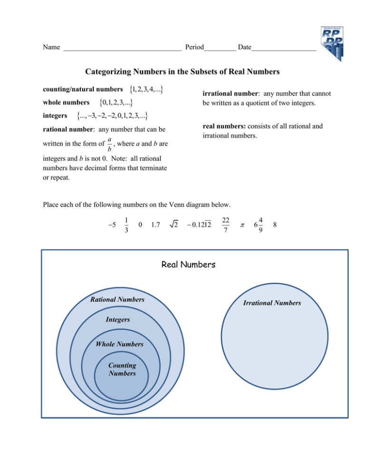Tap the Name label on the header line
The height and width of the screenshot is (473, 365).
(51, 48)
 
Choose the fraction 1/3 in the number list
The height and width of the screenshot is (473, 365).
(125, 224)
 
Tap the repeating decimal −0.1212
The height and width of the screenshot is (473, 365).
(199, 224)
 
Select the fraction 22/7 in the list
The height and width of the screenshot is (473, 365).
(227, 224)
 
